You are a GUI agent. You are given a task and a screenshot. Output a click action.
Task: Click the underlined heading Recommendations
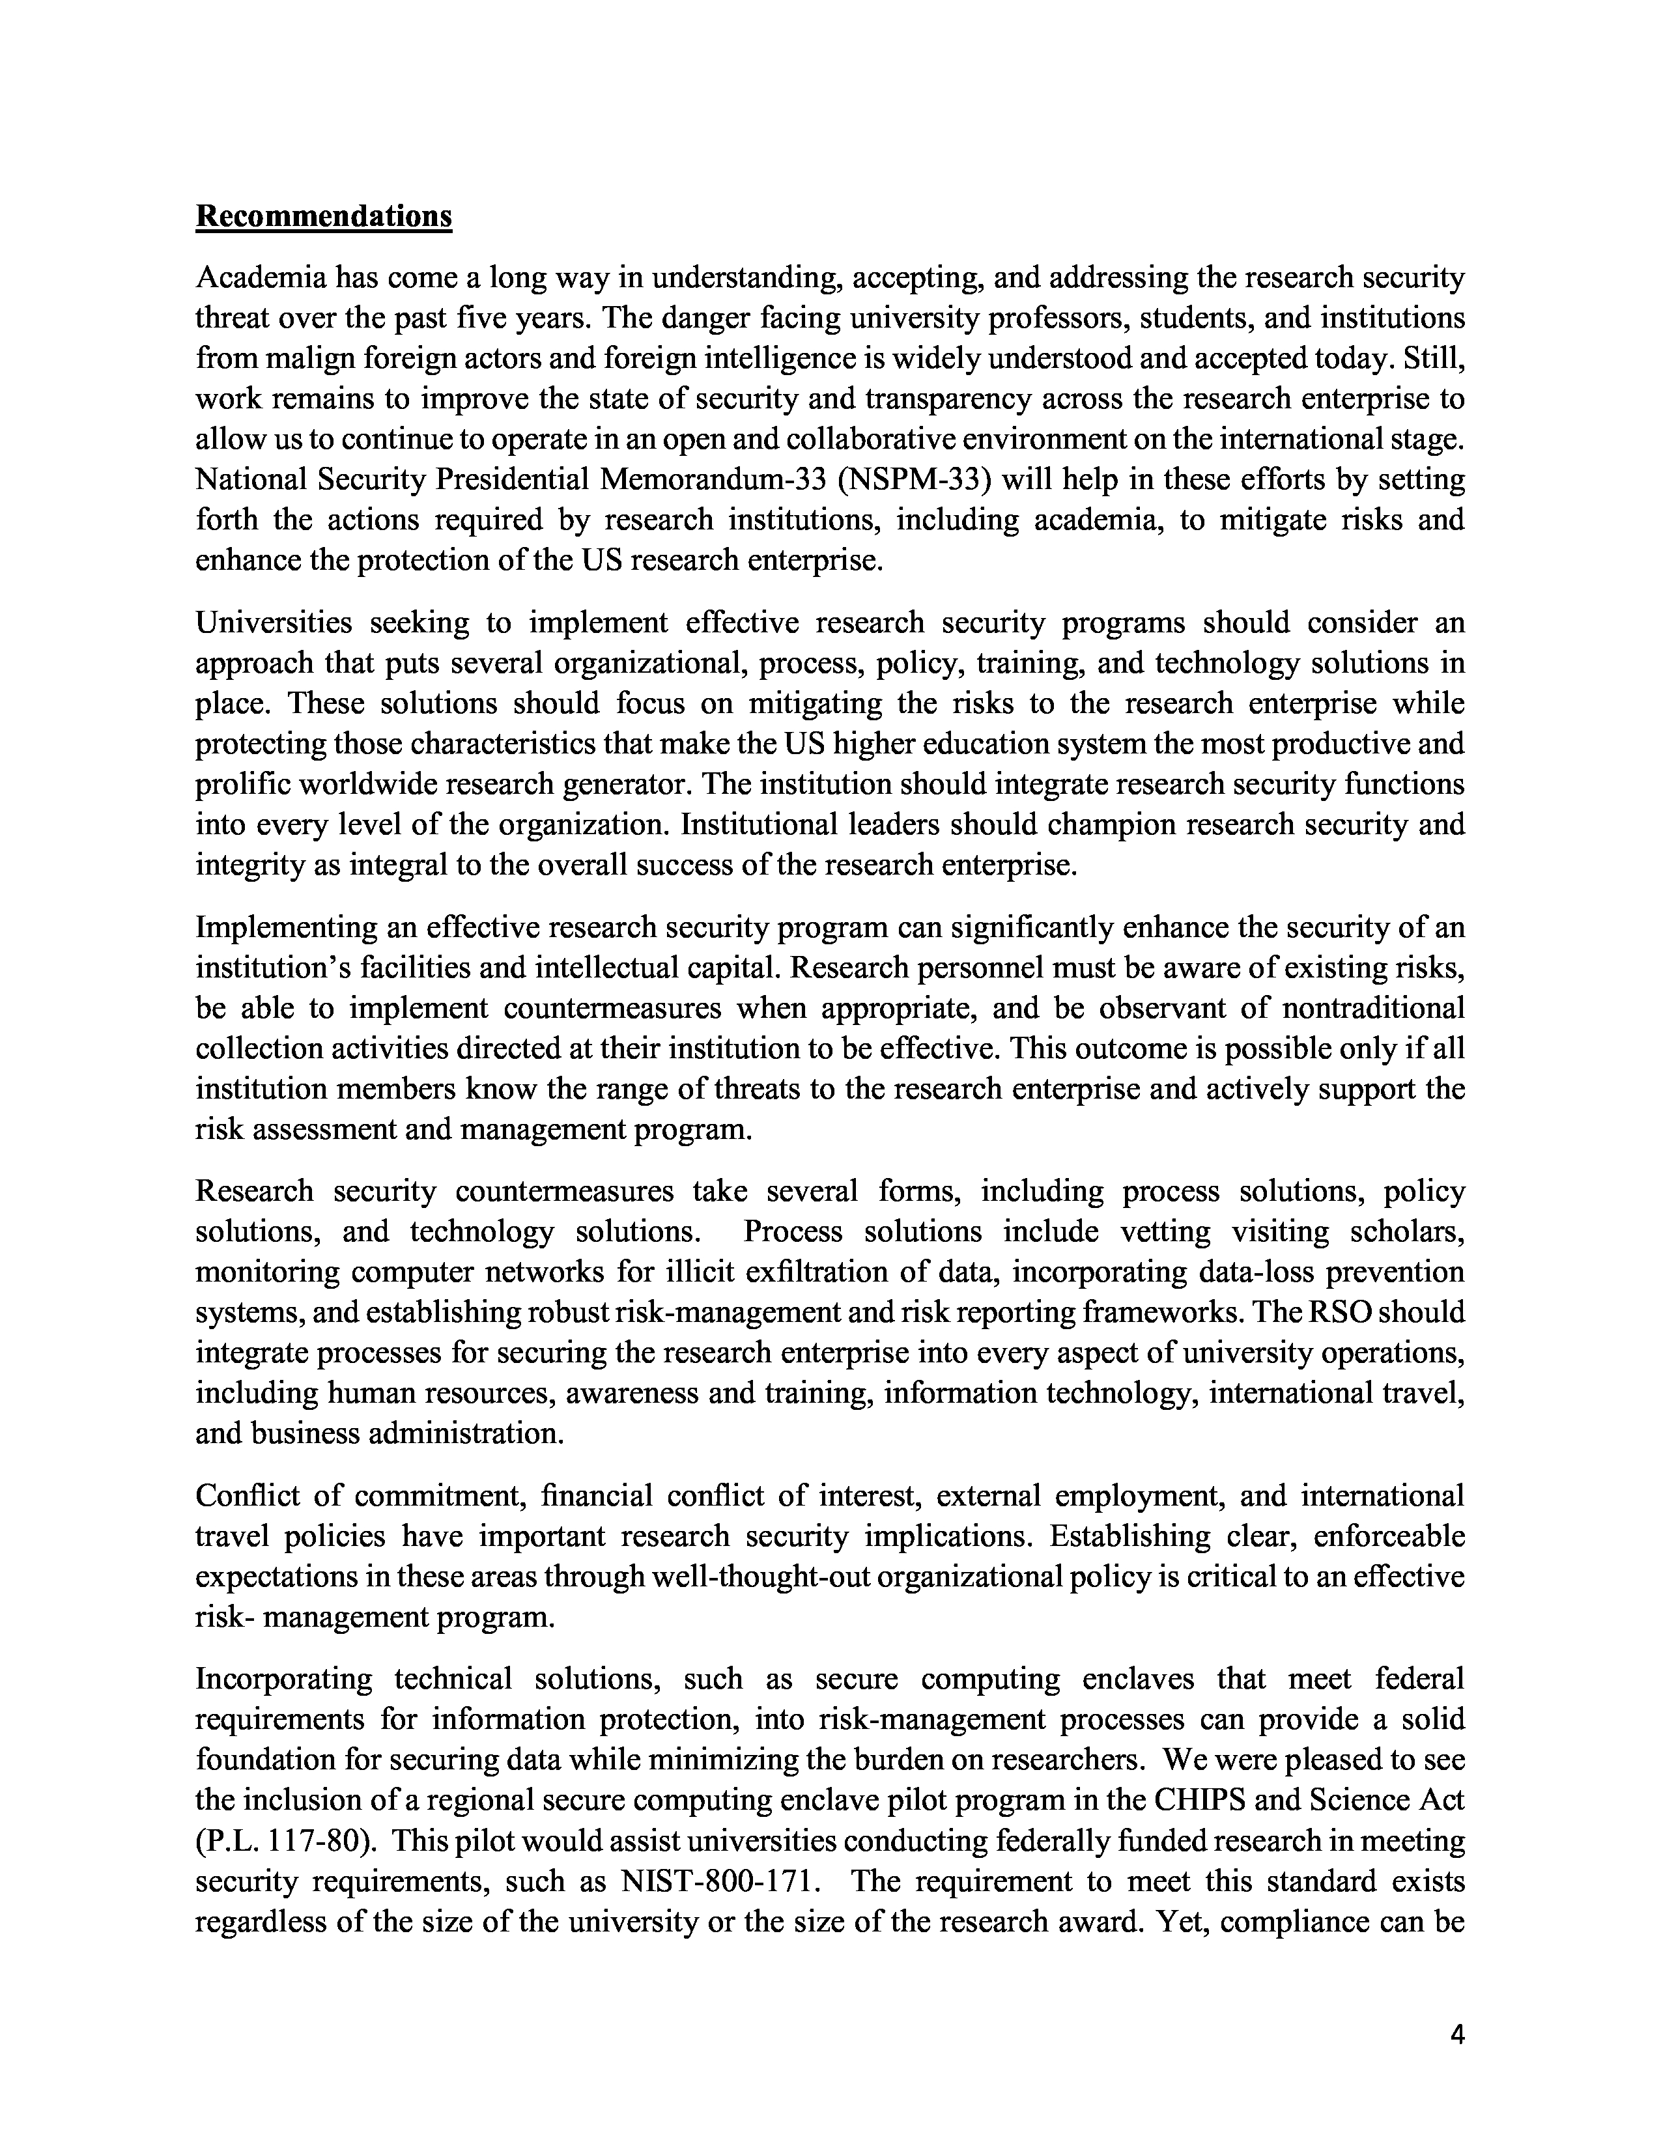[324, 216]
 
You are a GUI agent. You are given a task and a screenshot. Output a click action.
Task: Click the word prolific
[237, 784]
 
